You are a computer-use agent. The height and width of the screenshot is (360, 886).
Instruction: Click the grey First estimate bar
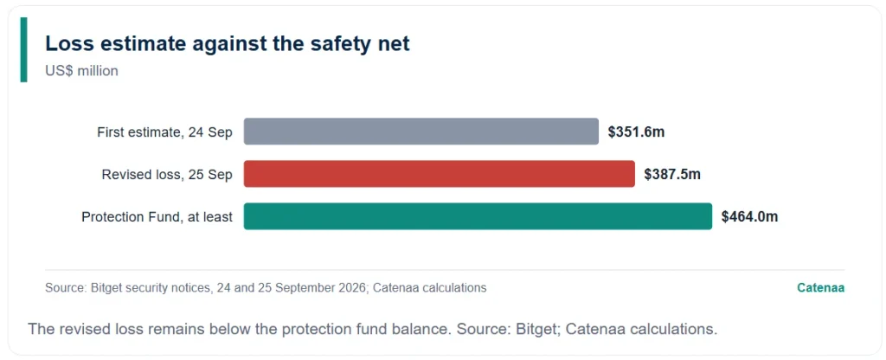[421, 132]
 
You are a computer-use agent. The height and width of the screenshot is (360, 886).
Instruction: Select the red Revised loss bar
[440, 174]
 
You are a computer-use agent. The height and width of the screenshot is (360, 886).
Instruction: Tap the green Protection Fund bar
[478, 216]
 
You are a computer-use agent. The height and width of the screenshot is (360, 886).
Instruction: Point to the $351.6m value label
[636, 132]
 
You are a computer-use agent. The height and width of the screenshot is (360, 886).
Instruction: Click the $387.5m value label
[672, 175]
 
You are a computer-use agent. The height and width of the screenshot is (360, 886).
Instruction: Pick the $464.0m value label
[750, 217]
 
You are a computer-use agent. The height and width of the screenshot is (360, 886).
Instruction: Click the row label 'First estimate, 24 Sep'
[165, 132]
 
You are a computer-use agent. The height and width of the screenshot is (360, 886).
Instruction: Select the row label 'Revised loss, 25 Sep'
[167, 175]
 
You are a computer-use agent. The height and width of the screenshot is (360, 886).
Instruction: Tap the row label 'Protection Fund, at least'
[157, 217]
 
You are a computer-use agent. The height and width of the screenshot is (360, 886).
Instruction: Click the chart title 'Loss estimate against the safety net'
[228, 44]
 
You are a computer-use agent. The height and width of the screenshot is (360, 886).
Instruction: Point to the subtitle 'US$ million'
[82, 71]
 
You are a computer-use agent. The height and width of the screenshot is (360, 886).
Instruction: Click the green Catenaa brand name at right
[821, 287]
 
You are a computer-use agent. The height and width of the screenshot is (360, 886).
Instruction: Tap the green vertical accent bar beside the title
[23, 49]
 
